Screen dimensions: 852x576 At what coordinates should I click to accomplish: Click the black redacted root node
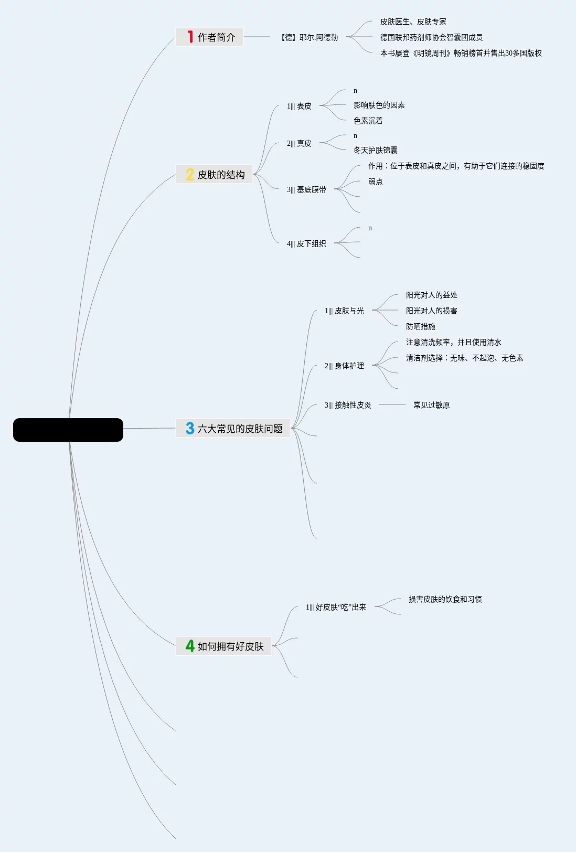[68, 430]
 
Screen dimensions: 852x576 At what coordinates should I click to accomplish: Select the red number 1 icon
[190, 37]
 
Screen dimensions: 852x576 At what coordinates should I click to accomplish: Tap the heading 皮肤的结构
[221, 175]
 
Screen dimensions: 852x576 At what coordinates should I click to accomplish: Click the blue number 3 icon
[190, 429]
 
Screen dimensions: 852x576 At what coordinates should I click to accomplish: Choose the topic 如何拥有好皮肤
[230, 646]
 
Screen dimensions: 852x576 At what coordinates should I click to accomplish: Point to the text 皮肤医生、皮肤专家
[413, 22]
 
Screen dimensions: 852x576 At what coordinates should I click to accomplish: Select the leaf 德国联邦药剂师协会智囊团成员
[431, 37]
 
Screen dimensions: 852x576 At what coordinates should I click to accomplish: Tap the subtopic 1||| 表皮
[299, 106]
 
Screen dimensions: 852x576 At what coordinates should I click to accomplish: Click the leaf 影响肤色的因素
[379, 105]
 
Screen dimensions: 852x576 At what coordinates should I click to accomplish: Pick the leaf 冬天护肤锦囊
[375, 150]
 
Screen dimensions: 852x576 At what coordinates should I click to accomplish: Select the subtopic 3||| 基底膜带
[306, 189]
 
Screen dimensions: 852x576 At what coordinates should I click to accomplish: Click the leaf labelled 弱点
[375, 182]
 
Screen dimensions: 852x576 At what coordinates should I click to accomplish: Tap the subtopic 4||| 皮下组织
[306, 243]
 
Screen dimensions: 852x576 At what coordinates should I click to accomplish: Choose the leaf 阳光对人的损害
[431, 311]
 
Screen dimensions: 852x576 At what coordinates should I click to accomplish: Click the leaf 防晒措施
[420, 326]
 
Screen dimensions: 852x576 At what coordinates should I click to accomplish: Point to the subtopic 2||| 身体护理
[344, 366]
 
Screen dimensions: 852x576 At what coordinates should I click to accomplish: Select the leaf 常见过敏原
[431, 405]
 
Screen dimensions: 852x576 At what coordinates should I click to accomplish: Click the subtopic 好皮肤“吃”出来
[336, 607]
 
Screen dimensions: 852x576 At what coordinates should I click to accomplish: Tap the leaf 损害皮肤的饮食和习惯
[445, 599]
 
